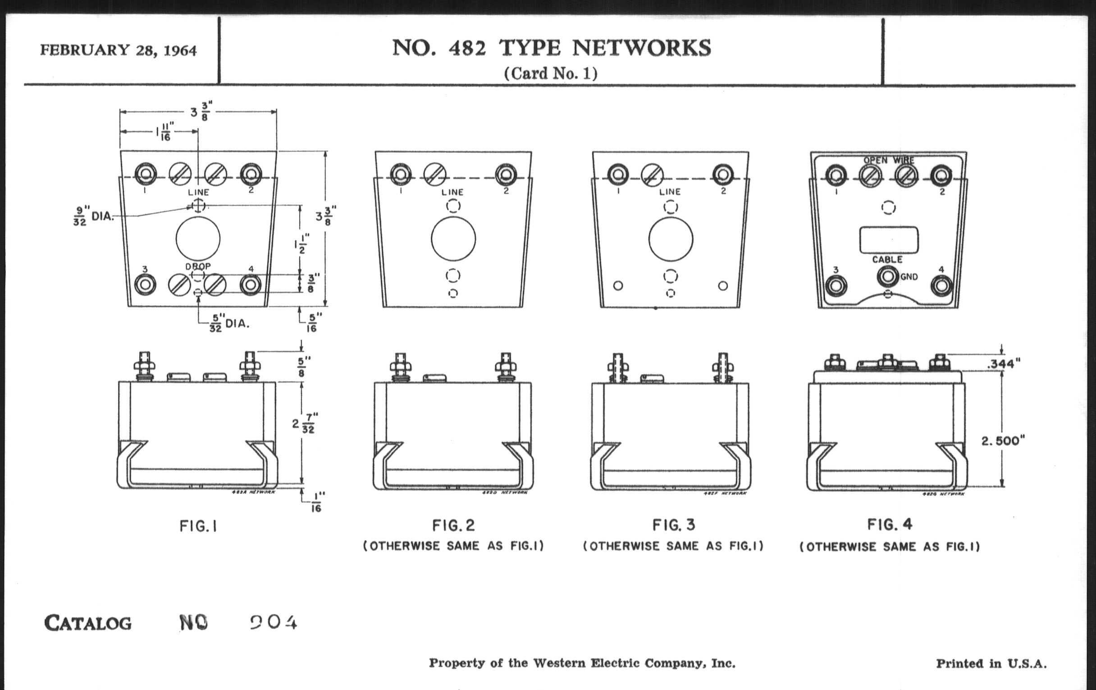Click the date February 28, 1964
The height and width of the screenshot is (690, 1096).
pos(119,50)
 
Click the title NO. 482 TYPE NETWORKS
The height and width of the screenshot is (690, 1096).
pos(551,48)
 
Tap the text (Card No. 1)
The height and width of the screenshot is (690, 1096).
pos(550,74)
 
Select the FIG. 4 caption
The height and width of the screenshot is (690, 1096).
pos(889,524)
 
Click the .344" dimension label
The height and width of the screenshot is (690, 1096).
pos(1004,363)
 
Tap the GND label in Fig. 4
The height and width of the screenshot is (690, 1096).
pos(909,276)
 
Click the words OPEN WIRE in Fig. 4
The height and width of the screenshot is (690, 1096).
pos(888,160)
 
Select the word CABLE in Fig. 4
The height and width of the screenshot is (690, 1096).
pos(887,260)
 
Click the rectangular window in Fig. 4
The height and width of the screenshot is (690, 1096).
pos(888,239)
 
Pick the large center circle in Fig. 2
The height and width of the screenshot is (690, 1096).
pos(453,239)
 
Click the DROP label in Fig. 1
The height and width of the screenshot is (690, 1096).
pos(198,267)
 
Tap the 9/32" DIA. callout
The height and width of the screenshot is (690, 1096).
pos(93,216)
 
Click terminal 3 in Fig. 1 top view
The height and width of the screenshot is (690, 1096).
pos(145,285)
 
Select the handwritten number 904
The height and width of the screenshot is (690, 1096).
pos(274,622)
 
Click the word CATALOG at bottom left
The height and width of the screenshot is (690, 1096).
pos(88,623)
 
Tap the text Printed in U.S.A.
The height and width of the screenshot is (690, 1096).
pos(991,663)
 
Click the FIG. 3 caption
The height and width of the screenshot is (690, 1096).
pos(673,525)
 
